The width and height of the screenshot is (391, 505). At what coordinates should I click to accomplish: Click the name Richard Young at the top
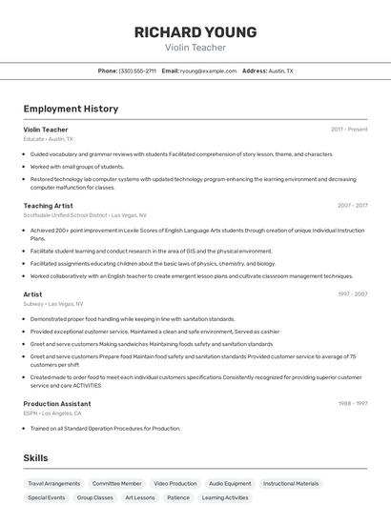pos(195,31)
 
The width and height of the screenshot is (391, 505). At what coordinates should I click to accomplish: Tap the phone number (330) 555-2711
pos(137,71)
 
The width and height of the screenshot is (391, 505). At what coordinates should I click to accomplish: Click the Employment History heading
pos(71,109)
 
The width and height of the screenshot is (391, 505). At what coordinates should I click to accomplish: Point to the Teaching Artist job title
pos(48,206)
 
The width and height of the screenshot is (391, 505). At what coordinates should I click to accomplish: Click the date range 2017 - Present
pos(349,129)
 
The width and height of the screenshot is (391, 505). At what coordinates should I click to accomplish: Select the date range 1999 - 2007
pos(352,294)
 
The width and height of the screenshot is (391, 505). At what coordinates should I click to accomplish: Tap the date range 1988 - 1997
pos(352,404)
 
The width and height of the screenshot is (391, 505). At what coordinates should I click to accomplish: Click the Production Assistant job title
pos(57,404)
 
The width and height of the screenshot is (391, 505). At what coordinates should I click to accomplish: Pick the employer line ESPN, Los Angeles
pos(52,414)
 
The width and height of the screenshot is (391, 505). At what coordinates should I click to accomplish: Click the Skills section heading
pos(36,458)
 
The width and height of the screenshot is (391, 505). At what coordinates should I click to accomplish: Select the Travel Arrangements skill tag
pos(53,484)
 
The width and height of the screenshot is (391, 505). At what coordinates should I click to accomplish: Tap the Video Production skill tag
pos(175,484)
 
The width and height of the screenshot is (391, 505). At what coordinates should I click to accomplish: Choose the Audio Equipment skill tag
pos(230,484)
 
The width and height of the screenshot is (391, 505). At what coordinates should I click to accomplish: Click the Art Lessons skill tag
pos(139,497)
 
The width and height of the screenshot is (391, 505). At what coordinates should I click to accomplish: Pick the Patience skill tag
pos(178,497)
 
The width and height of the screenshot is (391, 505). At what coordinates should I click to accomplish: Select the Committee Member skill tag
pos(116,484)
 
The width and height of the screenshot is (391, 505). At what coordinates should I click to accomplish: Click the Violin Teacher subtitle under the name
pos(195,47)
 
